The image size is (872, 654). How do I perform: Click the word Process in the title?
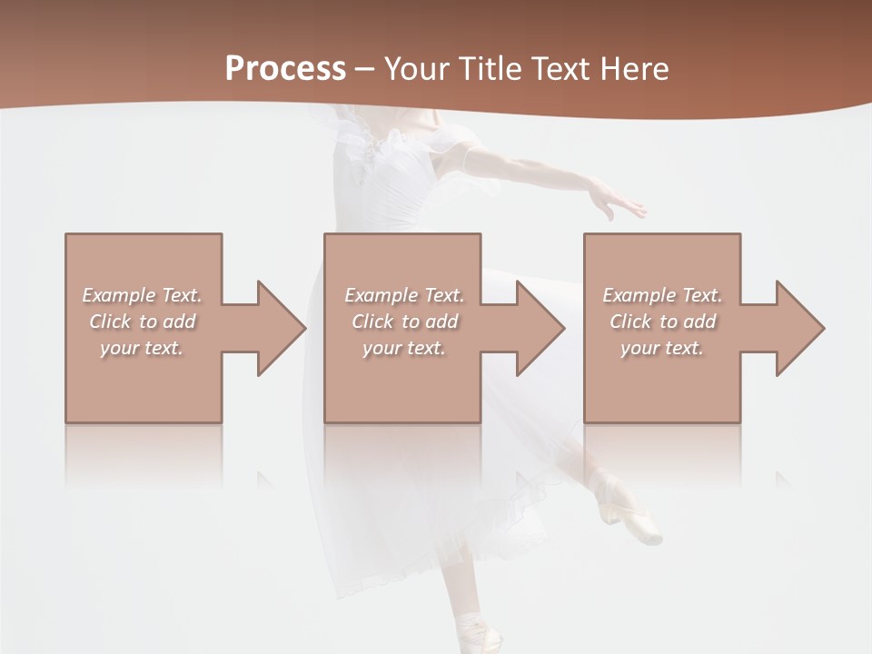285,69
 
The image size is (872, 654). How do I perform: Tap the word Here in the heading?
634,69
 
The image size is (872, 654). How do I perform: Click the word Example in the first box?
119,295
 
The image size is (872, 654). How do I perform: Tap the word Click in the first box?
110,322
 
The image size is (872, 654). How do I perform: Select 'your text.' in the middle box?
403,348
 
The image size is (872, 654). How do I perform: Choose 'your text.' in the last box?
662,348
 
